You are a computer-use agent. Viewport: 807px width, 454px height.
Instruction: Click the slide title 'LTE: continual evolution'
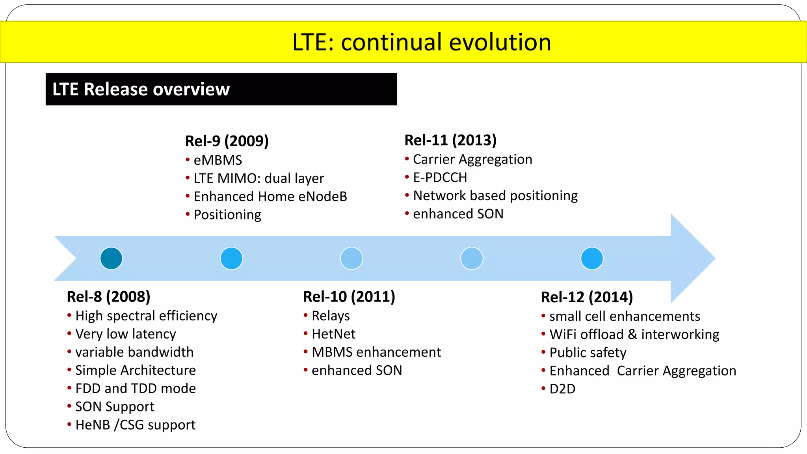pyautogui.click(x=421, y=42)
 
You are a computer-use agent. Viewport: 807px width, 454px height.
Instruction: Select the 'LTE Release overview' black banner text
pyautogui.click(x=141, y=89)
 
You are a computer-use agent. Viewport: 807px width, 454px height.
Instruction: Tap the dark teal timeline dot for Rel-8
pyautogui.click(x=111, y=259)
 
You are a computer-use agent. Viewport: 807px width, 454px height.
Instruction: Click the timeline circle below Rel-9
pyautogui.click(x=231, y=259)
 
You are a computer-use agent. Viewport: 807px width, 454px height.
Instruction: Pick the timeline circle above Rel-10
pyautogui.click(x=351, y=259)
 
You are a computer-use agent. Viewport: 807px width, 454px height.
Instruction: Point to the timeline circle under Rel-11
pyautogui.click(x=472, y=259)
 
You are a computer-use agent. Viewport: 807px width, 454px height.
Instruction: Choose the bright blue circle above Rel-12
pyautogui.click(x=592, y=259)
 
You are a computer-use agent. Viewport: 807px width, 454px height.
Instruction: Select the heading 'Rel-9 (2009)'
pyautogui.click(x=227, y=141)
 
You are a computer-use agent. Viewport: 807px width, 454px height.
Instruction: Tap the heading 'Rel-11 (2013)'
pyautogui.click(x=450, y=140)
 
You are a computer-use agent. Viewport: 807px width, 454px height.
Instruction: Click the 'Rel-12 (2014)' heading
pyautogui.click(x=587, y=297)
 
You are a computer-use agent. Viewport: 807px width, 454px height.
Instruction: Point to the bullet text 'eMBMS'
pyautogui.click(x=218, y=160)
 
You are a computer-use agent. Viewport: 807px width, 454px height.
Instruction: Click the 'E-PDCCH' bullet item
pyautogui.click(x=440, y=177)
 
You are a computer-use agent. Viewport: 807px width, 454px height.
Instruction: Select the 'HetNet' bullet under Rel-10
pyautogui.click(x=333, y=334)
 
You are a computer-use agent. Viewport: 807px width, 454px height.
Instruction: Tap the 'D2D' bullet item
pyautogui.click(x=562, y=389)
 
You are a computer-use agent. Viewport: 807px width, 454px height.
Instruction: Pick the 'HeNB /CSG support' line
pyautogui.click(x=135, y=424)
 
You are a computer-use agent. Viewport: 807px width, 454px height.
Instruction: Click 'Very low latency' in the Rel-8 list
pyautogui.click(x=125, y=334)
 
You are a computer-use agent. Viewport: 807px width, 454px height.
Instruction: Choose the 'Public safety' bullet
pyautogui.click(x=588, y=352)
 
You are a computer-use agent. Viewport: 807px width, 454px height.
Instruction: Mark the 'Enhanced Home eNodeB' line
pyautogui.click(x=270, y=196)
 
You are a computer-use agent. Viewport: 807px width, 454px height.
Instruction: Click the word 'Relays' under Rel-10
pyautogui.click(x=331, y=316)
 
